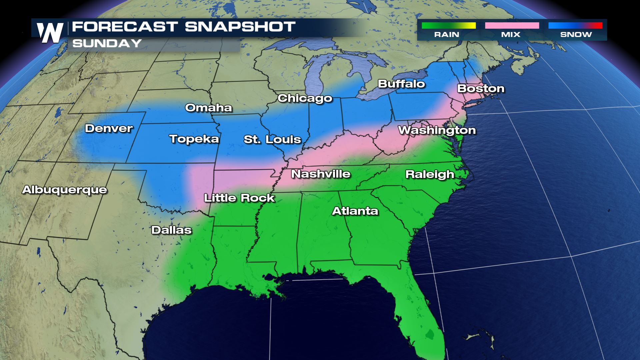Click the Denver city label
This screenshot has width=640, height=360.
point(109,128)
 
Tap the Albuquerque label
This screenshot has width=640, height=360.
point(65,190)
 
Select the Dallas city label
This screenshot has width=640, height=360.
point(171,230)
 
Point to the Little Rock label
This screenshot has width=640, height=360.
point(239,198)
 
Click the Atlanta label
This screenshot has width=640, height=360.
point(355,211)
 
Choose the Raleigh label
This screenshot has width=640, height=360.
point(430,174)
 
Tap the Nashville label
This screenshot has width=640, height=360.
point(321,174)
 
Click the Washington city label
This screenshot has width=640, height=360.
point(437,130)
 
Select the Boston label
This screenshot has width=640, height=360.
point(481,89)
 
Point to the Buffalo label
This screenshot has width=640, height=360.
point(401,84)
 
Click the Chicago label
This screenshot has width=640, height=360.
point(305,98)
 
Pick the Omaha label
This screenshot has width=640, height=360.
point(209,108)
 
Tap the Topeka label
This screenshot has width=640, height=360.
point(194,139)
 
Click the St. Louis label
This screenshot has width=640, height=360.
point(272,139)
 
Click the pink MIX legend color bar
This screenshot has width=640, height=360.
point(512,26)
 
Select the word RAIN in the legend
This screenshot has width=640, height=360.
point(447,35)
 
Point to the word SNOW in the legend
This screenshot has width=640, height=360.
point(576,35)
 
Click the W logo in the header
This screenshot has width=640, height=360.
point(50,33)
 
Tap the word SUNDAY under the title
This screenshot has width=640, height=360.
point(107,43)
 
